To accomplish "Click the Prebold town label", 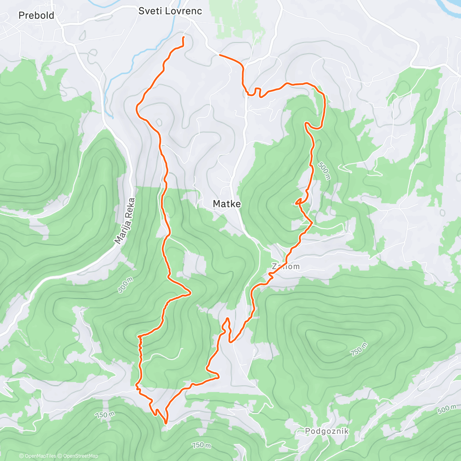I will pos(36,16).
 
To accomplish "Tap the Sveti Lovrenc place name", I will pos(170,11).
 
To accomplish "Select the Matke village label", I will pos(227,204).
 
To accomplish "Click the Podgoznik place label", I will pos(327,431).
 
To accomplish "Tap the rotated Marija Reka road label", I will pos(125,221).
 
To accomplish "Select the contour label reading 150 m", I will pos(105,415).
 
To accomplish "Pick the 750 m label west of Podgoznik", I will pos(201,445).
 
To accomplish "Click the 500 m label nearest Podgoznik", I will pos(447,410).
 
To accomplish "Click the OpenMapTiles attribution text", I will pos(38,456).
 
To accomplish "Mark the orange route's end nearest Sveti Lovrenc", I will pos(183,37).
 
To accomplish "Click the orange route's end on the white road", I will pos(220,55).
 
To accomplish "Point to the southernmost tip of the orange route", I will pos(166,423).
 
